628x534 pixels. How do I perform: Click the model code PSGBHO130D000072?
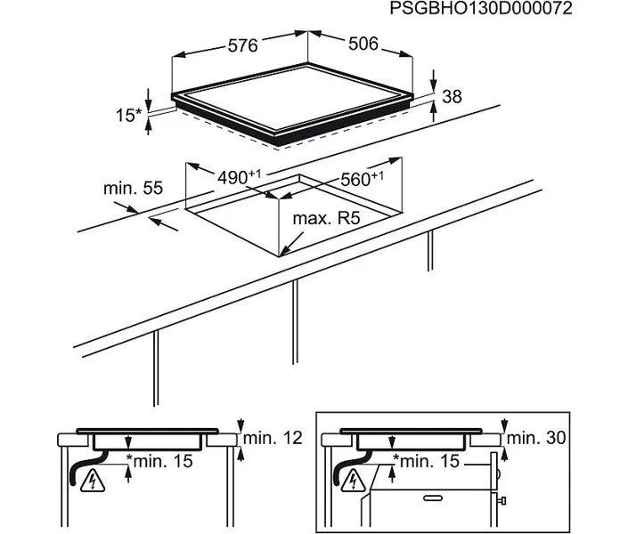[481, 8]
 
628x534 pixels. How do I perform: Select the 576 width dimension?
[242, 45]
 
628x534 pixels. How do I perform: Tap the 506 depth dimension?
[363, 44]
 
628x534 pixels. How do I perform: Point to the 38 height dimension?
[453, 96]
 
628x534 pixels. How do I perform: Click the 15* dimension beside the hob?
[128, 116]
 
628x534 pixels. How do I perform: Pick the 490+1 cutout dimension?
[239, 176]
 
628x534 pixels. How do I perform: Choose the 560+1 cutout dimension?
[362, 179]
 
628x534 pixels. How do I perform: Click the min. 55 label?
[133, 188]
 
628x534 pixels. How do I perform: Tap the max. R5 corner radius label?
[326, 219]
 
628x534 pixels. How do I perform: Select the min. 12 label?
[273, 438]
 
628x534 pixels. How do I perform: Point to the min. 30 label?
[536, 438]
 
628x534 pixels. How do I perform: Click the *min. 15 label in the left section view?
[159, 461]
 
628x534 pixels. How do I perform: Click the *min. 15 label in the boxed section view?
[426, 461]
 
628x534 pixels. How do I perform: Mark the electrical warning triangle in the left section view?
[93, 482]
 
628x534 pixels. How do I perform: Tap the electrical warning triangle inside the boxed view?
[353, 481]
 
